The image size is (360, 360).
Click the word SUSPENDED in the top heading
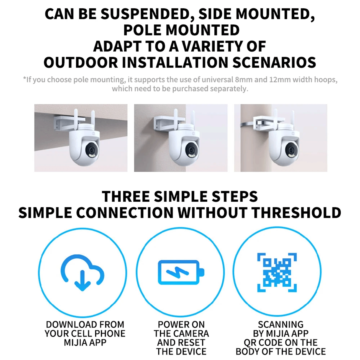(x=148, y=14)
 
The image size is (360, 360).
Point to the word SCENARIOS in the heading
(x=274, y=62)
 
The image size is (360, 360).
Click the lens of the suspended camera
(x=92, y=150)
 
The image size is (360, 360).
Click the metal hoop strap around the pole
(x=247, y=125)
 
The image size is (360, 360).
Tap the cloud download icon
(x=83, y=272)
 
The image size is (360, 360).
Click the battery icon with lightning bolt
(x=181, y=272)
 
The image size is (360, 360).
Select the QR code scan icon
(x=277, y=272)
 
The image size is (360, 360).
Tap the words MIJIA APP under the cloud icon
(x=85, y=343)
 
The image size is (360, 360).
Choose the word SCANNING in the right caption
(x=281, y=325)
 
